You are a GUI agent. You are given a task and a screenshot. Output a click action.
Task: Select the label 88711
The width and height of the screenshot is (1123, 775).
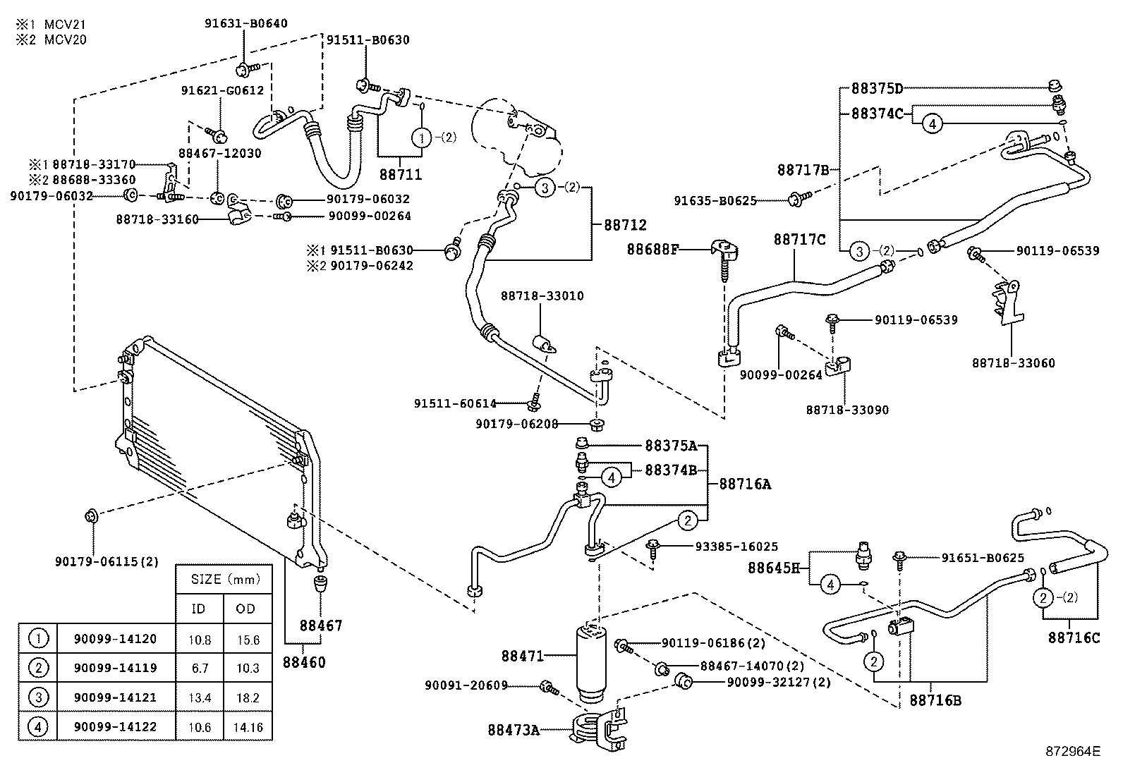(400, 173)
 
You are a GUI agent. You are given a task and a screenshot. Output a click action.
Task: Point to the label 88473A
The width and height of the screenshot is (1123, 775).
(514, 730)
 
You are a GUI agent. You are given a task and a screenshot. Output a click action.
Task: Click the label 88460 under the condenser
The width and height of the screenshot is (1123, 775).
(304, 662)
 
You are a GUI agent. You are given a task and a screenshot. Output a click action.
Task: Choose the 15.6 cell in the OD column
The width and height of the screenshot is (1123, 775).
(248, 640)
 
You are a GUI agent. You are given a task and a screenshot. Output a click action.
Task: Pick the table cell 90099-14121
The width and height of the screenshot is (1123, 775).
(115, 697)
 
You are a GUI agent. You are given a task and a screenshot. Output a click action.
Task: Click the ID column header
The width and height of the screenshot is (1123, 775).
(199, 609)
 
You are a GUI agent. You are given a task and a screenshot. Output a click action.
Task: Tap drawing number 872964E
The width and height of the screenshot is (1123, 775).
(1073, 751)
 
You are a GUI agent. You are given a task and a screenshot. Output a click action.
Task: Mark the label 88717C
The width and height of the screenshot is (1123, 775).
(799, 240)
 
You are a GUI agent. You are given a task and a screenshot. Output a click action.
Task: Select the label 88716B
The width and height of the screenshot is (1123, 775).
(935, 700)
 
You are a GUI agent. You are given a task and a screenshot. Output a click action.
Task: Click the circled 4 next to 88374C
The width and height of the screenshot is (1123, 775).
(932, 124)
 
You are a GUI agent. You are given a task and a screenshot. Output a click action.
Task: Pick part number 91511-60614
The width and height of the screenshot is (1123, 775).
(455, 403)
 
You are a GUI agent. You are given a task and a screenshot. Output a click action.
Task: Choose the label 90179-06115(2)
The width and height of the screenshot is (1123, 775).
(107, 561)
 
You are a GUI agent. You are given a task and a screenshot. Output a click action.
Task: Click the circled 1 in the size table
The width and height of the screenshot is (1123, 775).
(37, 639)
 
